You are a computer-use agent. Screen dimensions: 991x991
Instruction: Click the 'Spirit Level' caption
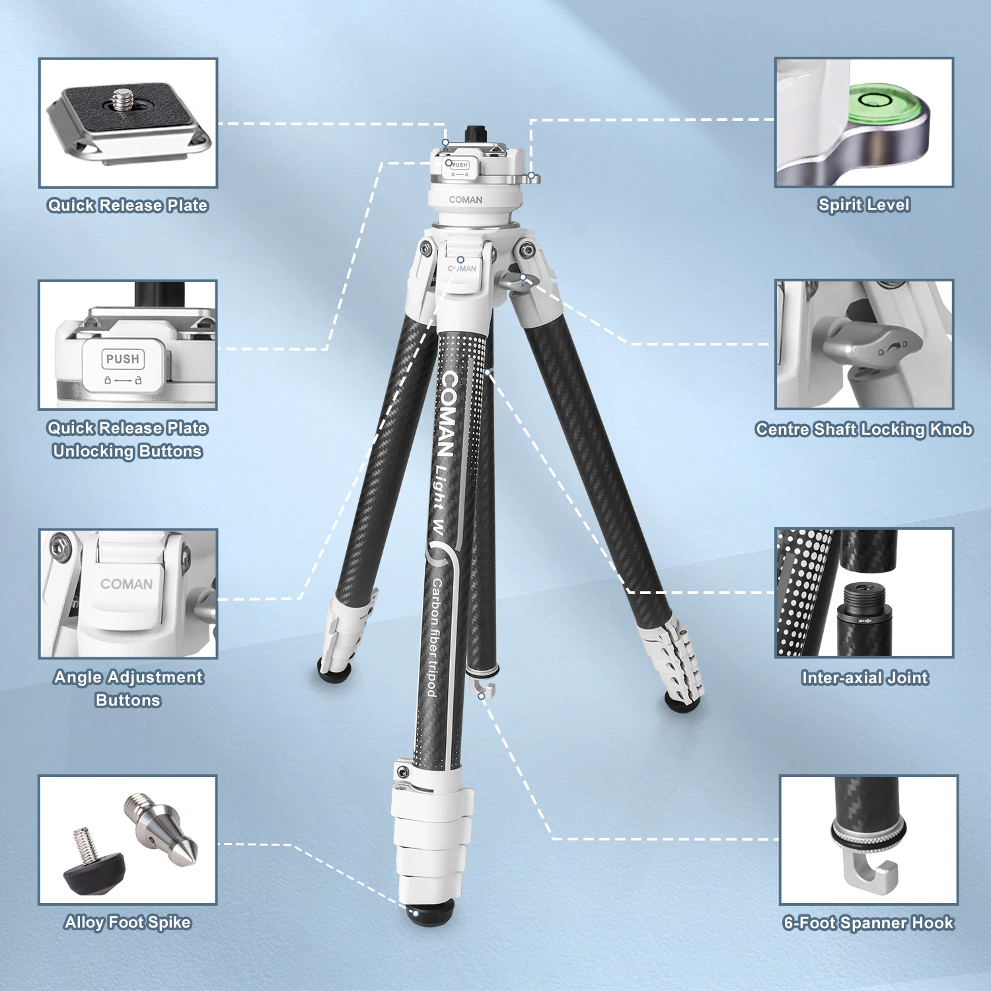coord(863,205)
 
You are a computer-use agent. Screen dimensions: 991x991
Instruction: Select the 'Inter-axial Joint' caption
coord(864,677)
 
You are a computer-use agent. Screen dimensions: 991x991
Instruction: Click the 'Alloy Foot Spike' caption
coord(128,922)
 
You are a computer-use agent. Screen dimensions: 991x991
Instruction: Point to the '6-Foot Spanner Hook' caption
coord(868,922)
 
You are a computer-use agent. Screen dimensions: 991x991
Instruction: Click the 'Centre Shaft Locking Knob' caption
coord(863,429)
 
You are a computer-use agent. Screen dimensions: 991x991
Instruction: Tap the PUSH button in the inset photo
coord(123,359)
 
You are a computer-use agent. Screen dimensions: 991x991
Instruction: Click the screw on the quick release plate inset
coord(122,100)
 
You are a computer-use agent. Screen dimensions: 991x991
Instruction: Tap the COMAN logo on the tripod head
coord(466,200)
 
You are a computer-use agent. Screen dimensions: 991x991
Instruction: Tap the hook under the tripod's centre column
coord(484,690)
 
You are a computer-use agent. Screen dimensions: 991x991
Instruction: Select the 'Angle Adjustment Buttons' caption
coord(128,688)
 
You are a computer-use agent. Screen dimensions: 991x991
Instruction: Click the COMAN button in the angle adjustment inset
coord(126,585)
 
